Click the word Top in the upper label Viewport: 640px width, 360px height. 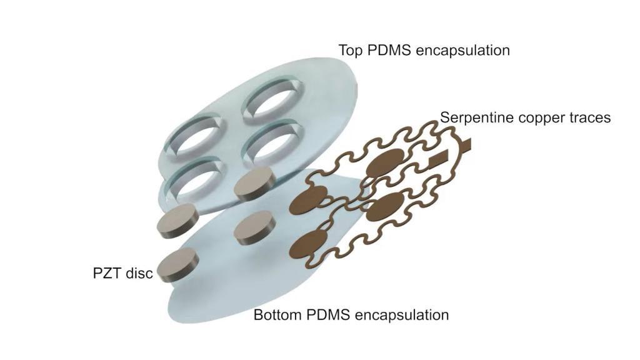pos(351,51)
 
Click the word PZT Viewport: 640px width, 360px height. pos(107,272)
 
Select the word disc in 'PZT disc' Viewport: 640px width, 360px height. pos(139,272)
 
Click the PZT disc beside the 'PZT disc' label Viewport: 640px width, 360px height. pos(177,264)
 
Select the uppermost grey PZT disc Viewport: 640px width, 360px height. pos(254,184)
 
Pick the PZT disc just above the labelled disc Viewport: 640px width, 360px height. pos(178,221)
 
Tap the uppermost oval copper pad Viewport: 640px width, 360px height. pos(385,162)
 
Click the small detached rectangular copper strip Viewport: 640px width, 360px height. pos(438,159)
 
